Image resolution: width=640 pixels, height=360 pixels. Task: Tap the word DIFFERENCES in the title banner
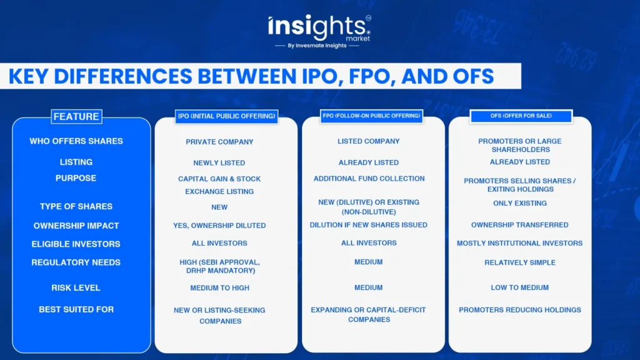[123, 76]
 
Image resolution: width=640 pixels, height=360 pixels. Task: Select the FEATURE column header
[76, 117]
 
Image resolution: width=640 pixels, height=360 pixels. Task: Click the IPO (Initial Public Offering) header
[226, 116]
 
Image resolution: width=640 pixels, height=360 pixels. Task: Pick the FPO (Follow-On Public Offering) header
[371, 116]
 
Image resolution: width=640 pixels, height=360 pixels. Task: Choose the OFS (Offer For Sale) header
[521, 116]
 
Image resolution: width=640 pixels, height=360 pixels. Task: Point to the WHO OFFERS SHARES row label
[76, 141]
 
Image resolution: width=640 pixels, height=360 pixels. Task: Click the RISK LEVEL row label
[76, 287]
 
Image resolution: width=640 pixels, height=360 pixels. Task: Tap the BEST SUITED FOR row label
[76, 309]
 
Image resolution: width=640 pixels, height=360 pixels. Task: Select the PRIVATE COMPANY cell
[219, 142]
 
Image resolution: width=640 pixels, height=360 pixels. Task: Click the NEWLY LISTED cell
[219, 163]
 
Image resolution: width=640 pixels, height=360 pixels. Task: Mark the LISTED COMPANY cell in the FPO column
[369, 141]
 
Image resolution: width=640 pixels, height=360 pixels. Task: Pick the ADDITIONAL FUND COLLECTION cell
[369, 179]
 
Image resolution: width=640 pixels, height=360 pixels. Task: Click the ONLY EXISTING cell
[520, 203]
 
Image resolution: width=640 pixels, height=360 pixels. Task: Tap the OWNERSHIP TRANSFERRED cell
[519, 225]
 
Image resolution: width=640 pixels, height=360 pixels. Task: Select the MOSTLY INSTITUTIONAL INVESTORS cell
[519, 243]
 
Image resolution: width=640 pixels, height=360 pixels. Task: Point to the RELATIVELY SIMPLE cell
[520, 262]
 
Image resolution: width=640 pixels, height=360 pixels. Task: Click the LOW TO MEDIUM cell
[519, 287]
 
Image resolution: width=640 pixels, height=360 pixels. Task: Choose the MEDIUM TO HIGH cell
[219, 287]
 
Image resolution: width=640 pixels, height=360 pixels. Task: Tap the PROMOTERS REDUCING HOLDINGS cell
[520, 310]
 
